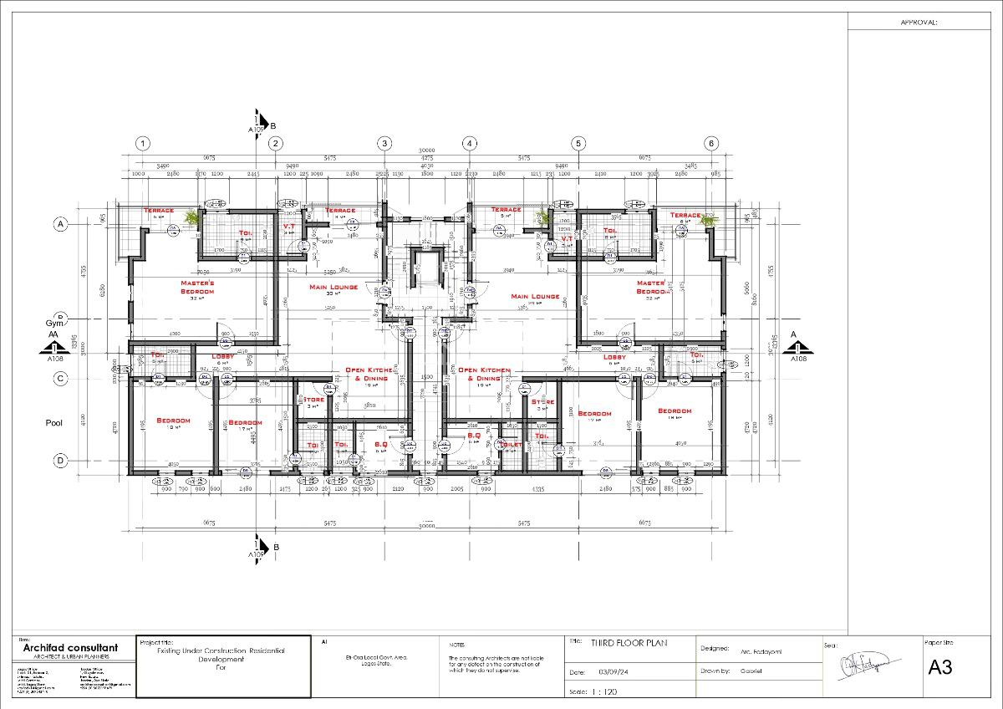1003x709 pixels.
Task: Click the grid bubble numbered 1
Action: (x=143, y=143)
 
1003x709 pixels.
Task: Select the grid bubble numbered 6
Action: (x=711, y=143)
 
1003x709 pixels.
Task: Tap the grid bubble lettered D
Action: (x=60, y=460)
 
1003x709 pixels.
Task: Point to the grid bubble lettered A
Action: (x=60, y=224)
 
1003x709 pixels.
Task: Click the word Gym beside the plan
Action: (x=54, y=323)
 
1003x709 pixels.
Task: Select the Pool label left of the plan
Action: (x=53, y=423)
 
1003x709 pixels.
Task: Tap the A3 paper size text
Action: (x=940, y=667)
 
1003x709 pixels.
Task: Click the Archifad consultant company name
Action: (x=70, y=648)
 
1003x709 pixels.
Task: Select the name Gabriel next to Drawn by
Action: (x=751, y=671)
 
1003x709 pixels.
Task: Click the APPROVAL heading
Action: (x=919, y=23)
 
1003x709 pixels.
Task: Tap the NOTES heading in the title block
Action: (x=456, y=645)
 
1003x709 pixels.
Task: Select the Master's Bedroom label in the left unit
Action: (x=198, y=287)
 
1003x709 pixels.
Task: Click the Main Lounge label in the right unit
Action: (x=535, y=296)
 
